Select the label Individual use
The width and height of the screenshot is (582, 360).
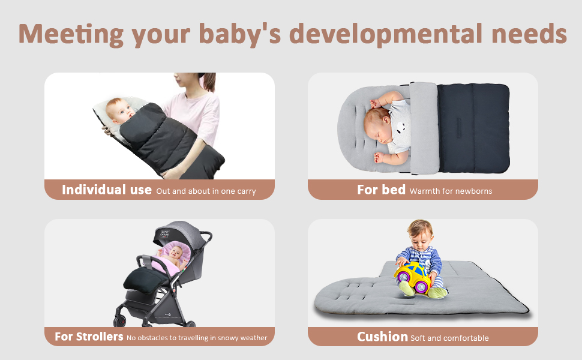pos(107,190)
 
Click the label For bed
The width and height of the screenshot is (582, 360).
pos(381,190)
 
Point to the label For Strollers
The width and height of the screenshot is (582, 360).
pos(89,337)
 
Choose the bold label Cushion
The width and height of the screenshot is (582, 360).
pos(382,337)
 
